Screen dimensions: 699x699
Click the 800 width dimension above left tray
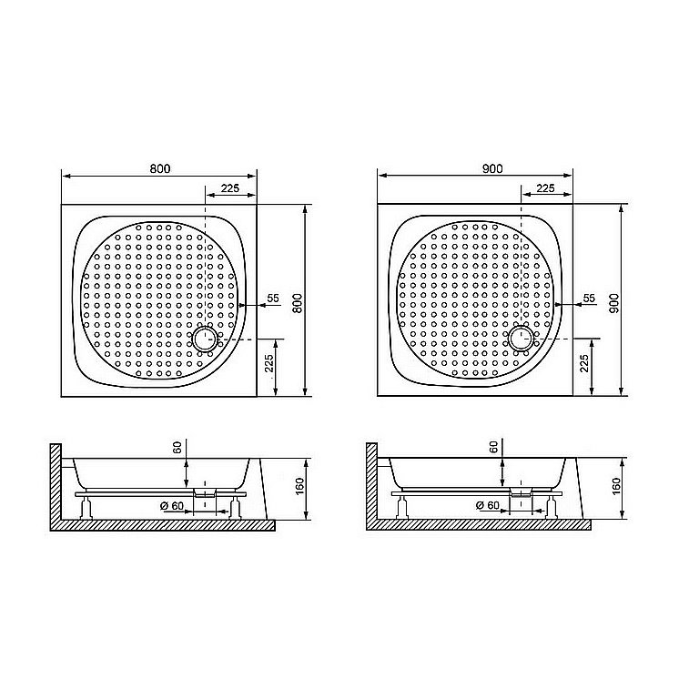point(159,167)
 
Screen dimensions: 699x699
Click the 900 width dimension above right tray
point(493,167)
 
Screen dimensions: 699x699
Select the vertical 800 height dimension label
point(295,302)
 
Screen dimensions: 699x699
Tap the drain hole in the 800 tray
point(205,340)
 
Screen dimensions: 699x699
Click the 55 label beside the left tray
point(272,299)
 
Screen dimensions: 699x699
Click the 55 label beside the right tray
point(588,299)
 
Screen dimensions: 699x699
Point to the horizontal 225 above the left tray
point(230,187)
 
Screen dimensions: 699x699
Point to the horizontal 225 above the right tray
point(545,187)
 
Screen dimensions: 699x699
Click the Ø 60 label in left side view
point(175,506)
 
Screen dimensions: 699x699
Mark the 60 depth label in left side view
point(177,448)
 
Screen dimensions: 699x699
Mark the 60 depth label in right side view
point(493,448)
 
